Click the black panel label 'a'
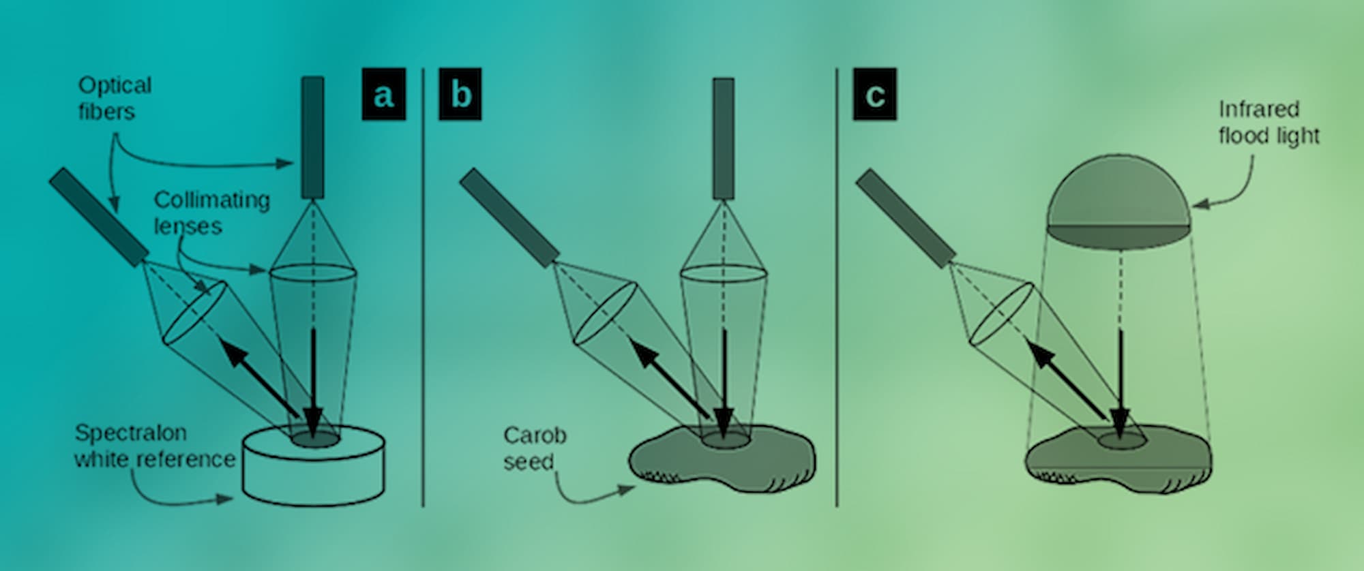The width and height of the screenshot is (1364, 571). [383, 94]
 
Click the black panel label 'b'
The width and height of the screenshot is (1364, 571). [460, 94]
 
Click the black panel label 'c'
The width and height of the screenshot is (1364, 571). [874, 94]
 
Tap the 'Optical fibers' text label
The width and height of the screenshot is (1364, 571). [114, 98]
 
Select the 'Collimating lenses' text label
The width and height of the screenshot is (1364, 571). [211, 212]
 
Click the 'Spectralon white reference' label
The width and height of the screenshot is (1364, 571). [154, 446]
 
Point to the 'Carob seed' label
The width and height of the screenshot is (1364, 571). [534, 448]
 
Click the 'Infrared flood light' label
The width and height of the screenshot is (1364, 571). [1268, 122]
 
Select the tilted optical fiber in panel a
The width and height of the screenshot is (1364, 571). [99, 216]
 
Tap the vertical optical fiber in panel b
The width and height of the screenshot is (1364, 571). [724, 138]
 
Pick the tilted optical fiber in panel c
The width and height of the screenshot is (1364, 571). [904, 217]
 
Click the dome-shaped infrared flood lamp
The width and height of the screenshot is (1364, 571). [1119, 201]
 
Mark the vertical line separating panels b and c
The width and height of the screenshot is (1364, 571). [837, 286]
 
